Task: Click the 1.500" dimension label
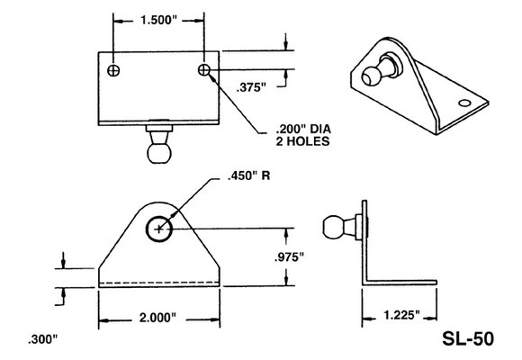point(158,21)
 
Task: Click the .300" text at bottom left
point(41,340)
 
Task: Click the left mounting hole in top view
point(112,69)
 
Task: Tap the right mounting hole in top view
point(205,69)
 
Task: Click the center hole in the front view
point(159,229)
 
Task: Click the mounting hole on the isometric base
point(465,104)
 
